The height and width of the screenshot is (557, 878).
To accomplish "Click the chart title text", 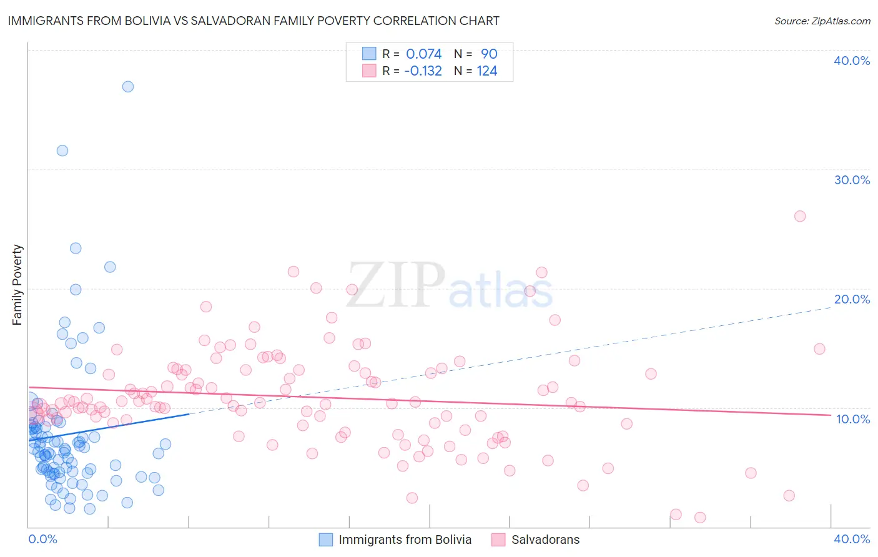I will [x=253, y=21].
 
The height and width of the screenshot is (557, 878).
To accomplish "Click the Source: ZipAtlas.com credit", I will [x=822, y=21].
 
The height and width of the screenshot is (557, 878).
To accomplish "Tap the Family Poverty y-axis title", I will [x=17, y=285].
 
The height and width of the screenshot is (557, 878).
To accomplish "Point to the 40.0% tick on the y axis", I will [x=852, y=61].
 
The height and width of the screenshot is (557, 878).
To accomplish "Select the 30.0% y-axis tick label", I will [x=852, y=180].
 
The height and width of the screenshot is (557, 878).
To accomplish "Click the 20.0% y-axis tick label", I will [x=852, y=299].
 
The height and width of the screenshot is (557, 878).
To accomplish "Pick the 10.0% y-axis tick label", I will [x=853, y=419].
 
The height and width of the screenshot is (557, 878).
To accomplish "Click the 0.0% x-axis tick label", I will [x=42, y=539].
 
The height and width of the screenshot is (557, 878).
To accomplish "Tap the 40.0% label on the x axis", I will [x=852, y=539].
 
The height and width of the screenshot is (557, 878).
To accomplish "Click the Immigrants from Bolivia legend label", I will [x=405, y=540].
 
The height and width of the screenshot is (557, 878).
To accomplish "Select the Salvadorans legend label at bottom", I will [x=545, y=540].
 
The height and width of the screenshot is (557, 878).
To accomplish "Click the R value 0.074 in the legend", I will [x=423, y=54].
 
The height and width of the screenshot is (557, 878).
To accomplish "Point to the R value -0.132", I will [x=423, y=71].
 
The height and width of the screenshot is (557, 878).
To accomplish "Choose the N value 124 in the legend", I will [x=487, y=71].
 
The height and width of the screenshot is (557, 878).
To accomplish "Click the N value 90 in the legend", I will [x=489, y=54].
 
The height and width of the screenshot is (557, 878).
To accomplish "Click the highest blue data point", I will [x=128, y=87].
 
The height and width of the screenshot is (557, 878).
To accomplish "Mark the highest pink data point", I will [x=800, y=216].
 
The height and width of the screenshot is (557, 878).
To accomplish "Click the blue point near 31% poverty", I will [x=62, y=150].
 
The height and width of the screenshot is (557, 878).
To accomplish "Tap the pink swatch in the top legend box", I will [x=369, y=71].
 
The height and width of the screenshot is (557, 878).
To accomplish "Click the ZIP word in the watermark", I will [x=396, y=285].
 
